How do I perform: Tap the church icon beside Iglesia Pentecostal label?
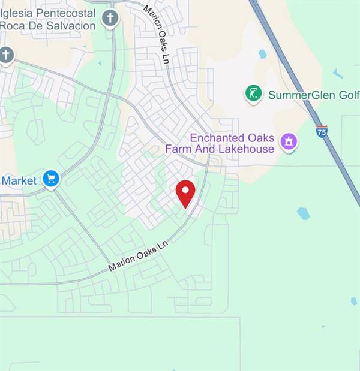109,18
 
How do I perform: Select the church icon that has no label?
6,55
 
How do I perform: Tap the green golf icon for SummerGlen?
254,93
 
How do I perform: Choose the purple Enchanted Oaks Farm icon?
289,142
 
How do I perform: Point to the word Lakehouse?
248,149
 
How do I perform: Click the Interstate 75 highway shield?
322,131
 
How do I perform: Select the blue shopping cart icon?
51,179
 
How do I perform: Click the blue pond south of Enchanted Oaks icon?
303,213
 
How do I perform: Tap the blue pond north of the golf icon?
262,54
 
